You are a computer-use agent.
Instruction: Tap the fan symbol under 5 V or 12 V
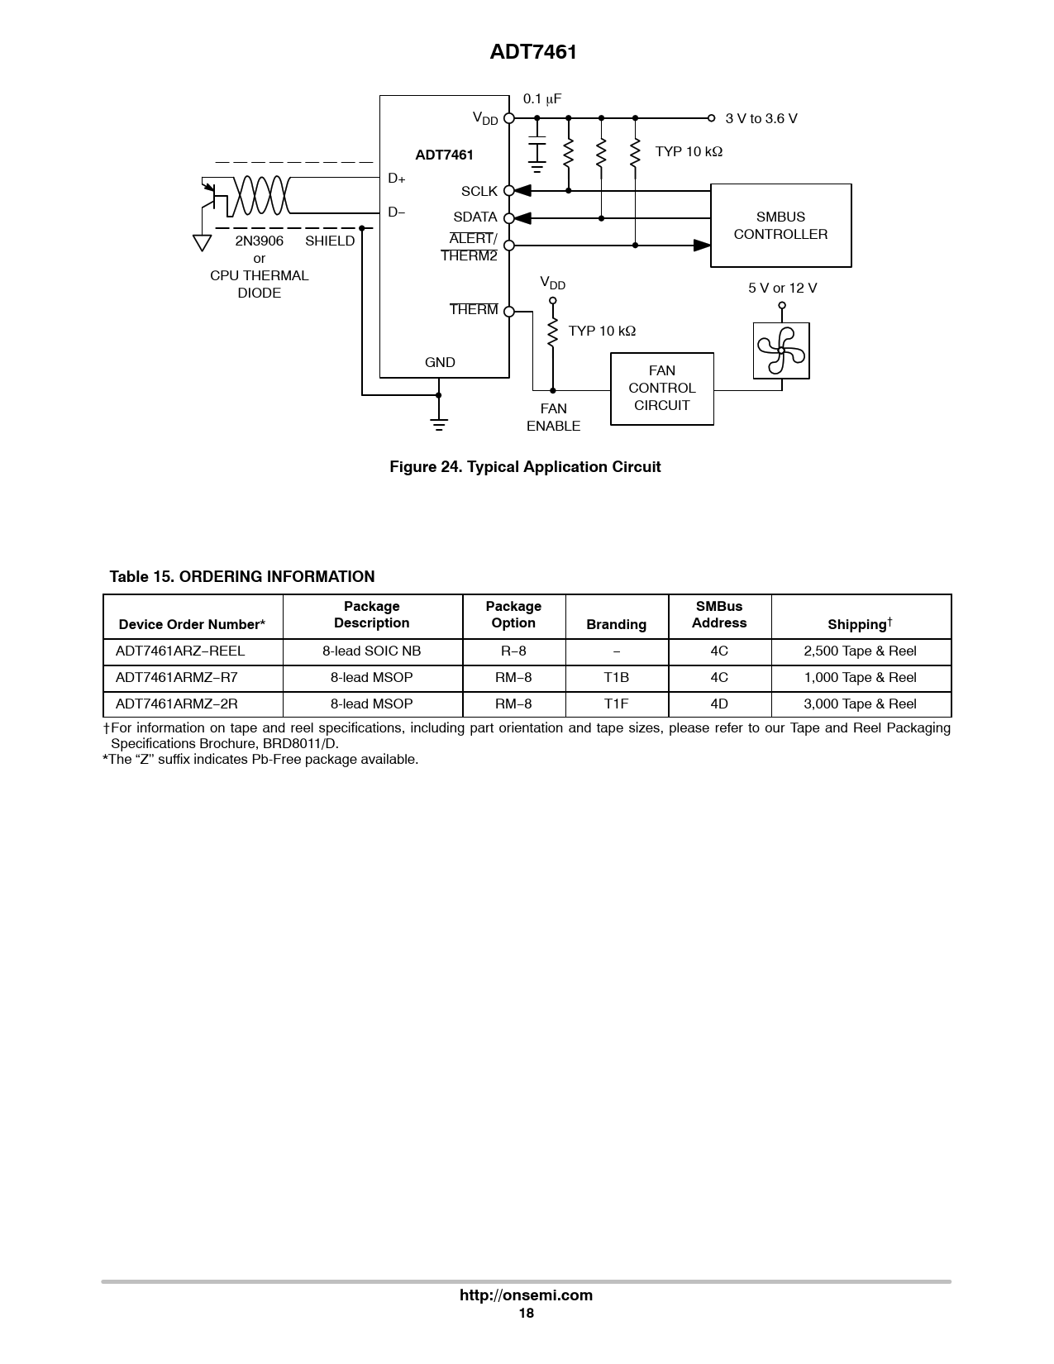(781, 351)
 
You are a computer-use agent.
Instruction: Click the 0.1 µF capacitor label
(541, 99)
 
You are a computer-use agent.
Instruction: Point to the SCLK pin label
(479, 191)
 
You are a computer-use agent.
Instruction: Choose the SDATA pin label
(475, 217)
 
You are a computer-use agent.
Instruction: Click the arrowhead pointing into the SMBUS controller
(702, 246)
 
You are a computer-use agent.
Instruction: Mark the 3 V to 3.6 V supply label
(761, 119)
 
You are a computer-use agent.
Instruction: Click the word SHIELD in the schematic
(330, 241)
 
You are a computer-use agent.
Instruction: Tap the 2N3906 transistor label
(260, 241)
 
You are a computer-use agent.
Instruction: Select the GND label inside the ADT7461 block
(440, 362)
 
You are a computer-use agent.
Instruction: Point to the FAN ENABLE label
(553, 417)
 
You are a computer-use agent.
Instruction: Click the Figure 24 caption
(525, 466)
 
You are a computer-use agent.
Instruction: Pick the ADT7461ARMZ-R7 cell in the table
(176, 677)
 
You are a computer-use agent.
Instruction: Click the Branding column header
(616, 624)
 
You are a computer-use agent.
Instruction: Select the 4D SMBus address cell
(718, 703)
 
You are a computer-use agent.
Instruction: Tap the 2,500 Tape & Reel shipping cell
(860, 651)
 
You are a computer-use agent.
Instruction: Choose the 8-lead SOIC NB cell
(372, 651)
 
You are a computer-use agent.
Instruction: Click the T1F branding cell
(616, 703)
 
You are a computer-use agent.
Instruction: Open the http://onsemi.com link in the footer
(526, 1295)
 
